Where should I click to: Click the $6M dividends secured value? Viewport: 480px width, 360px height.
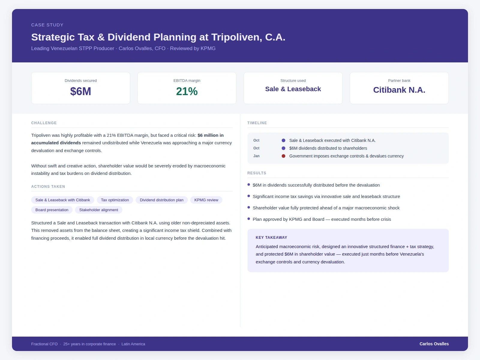[x=80, y=91]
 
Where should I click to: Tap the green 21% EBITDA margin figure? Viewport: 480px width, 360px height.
[x=187, y=91]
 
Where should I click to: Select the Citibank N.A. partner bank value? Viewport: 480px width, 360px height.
[x=399, y=90]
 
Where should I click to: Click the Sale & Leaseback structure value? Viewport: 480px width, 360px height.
[x=293, y=89]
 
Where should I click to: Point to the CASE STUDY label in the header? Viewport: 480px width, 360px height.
[x=47, y=25]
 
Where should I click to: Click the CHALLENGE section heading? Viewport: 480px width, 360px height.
[x=44, y=123]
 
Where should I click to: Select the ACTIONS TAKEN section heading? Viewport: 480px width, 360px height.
[x=48, y=187]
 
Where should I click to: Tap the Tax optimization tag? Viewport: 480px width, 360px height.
[x=115, y=200]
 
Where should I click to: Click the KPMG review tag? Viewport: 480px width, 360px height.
[x=206, y=200]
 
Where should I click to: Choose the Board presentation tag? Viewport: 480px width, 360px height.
[x=52, y=210]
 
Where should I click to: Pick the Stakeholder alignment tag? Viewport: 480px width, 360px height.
[x=98, y=210]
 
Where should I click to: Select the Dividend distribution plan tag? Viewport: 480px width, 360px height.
[x=161, y=200]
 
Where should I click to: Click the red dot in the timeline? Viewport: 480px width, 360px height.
[x=283, y=156]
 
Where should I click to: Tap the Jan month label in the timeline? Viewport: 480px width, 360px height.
[x=256, y=156]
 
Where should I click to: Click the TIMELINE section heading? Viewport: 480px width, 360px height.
[x=257, y=123]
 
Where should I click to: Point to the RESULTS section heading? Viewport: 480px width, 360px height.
[x=256, y=173]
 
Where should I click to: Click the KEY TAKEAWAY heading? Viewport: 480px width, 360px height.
[x=271, y=238]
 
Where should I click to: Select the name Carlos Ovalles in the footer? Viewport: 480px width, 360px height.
[x=434, y=344]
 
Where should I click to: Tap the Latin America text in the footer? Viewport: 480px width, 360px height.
[x=133, y=344]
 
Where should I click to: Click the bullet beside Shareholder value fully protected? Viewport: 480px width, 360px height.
[x=249, y=207]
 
